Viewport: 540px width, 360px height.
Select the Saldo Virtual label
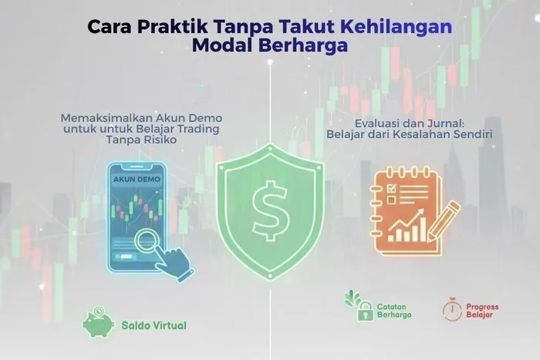tap(154, 325)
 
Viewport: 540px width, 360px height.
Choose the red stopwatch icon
tap(452, 310)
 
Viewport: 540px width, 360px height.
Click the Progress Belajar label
tap(482, 311)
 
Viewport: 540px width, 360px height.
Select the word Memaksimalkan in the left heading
tap(100, 118)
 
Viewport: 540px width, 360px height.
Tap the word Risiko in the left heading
tap(157, 141)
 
